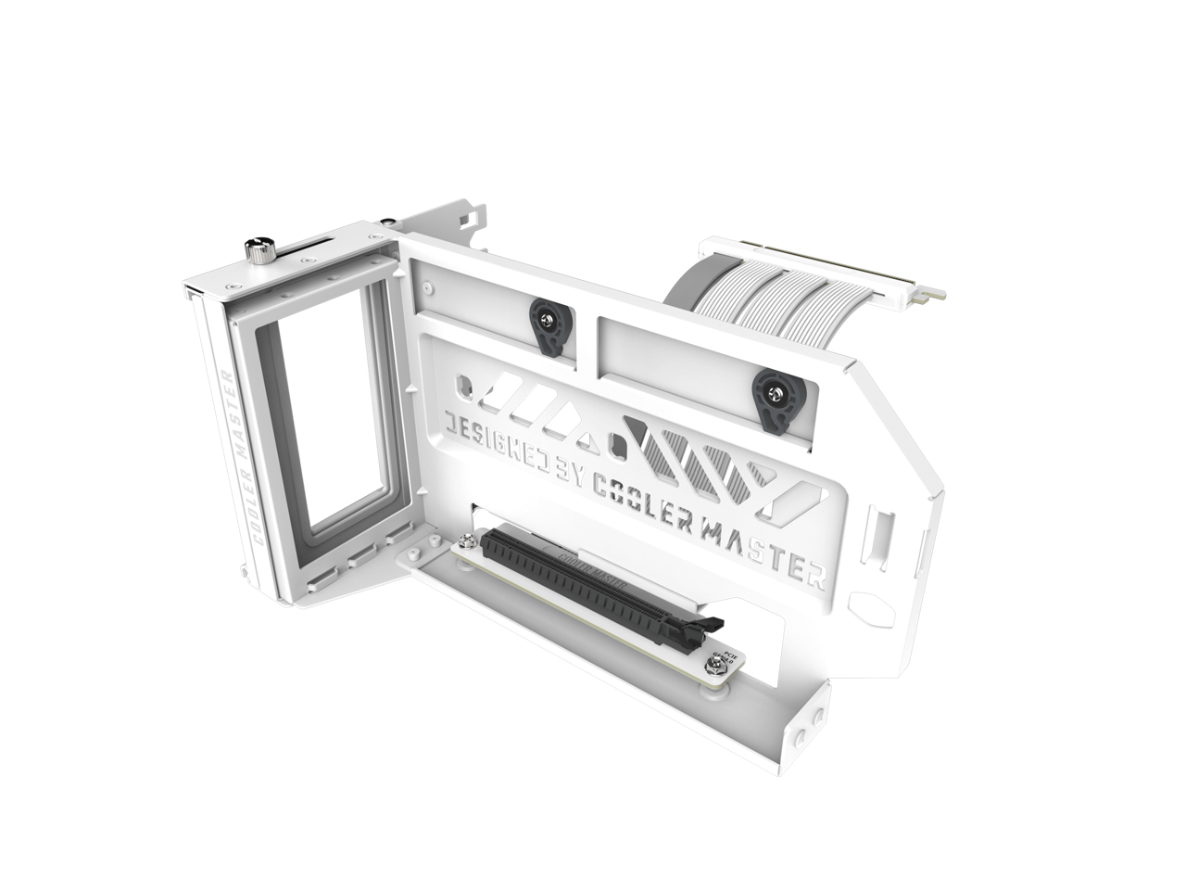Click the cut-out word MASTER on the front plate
point(776,556)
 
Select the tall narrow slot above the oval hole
point(879,541)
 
